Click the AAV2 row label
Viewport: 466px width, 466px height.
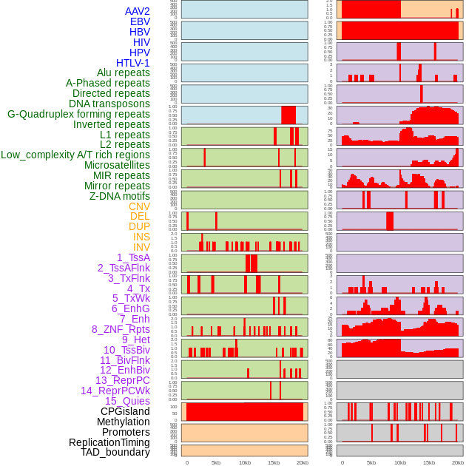pyautogui.click(x=137, y=11)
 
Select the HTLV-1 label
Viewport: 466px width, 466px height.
pyautogui.click(x=132, y=63)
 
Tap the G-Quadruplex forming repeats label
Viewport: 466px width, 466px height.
pyautogui.click(x=78, y=114)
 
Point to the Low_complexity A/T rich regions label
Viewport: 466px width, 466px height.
pyautogui.click(x=75, y=155)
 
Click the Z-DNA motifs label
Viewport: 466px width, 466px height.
pyautogui.click(x=119, y=196)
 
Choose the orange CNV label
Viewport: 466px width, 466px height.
pyautogui.click(x=139, y=206)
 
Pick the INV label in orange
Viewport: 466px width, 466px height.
pyautogui.click(x=141, y=247)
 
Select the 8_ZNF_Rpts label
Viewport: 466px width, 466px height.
pyautogui.click(x=121, y=329)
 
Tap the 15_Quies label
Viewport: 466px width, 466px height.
pyautogui.click(x=127, y=401)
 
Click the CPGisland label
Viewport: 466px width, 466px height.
pyautogui.click(x=125, y=411)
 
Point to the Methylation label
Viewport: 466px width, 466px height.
pyautogui.click(x=123, y=422)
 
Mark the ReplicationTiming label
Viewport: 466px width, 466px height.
pyautogui.click(x=109, y=442)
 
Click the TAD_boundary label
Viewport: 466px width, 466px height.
pyautogui.click(x=115, y=452)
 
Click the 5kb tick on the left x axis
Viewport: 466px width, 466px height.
pyautogui.click(x=216, y=463)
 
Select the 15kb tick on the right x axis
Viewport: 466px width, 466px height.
pyautogui.click(x=429, y=463)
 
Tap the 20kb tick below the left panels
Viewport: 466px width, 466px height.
pyautogui.click(x=302, y=463)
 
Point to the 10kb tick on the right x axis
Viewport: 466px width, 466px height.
pyautogui.click(x=400, y=463)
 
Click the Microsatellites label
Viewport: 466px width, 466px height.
pyautogui.click(x=117, y=165)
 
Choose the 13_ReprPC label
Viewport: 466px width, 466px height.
pyautogui.click(x=122, y=380)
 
